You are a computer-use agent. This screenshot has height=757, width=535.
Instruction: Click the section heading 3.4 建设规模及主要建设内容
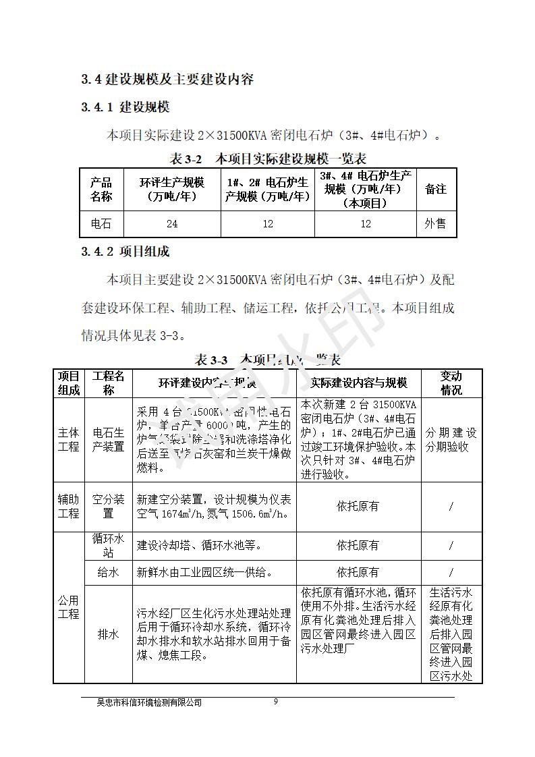[167, 79]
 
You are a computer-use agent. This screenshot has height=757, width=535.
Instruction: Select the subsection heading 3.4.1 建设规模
[125, 107]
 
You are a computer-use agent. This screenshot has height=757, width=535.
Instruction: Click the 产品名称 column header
[101, 189]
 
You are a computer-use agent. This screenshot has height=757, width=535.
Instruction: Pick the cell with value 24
[172, 224]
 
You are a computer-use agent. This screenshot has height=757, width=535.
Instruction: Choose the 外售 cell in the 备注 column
[435, 224]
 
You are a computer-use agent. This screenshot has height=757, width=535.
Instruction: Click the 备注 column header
[435, 189]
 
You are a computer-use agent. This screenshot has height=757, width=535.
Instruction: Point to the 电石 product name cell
[101, 224]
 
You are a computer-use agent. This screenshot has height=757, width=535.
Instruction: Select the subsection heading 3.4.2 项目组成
[125, 252]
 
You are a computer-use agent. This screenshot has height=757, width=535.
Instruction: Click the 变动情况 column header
[451, 383]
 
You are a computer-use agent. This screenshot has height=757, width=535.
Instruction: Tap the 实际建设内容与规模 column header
[359, 383]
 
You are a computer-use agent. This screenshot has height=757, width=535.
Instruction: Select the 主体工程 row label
[68, 439]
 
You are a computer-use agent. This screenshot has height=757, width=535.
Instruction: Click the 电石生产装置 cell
[108, 439]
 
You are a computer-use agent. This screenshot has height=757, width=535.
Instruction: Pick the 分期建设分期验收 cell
[451, 439]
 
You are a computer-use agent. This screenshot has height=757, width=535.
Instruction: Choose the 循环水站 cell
[108, 545]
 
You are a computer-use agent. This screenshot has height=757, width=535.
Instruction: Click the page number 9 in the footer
[275, 701]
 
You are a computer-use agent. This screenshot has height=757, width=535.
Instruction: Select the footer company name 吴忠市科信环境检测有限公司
[149, 702]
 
